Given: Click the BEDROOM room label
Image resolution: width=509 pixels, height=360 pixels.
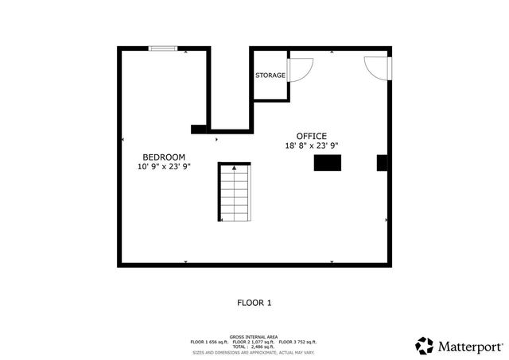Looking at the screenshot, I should (x=164, y=157).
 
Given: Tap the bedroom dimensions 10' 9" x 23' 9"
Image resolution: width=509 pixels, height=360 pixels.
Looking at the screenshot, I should (x=164, y=168).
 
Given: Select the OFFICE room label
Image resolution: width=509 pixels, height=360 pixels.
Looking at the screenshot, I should (x=312, y=136).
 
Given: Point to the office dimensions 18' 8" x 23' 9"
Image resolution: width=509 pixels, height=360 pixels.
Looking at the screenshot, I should (x=312, y=145).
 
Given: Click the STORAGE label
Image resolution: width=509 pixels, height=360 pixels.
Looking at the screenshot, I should (x=270, y=75).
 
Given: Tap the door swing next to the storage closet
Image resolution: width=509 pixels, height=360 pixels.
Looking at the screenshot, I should (x=300, y=69).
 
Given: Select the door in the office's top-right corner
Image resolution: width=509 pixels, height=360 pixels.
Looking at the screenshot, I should (x=376, y=67).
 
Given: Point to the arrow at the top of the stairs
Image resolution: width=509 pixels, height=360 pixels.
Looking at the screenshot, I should (x=234, y=168).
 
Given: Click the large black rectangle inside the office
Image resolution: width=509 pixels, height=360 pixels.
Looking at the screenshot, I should (x=328, y=163).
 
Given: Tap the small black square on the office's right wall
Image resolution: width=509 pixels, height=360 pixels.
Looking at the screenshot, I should (x=382, y=163).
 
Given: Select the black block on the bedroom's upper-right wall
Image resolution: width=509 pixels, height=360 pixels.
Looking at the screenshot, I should (x=199, y=129).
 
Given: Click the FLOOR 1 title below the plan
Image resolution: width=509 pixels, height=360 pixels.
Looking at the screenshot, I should (x=254, y=303).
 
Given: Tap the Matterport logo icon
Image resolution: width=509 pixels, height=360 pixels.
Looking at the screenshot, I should (x=425, y=346).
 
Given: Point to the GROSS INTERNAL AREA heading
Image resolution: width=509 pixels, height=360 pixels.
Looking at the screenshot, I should (x=254, y=337).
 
